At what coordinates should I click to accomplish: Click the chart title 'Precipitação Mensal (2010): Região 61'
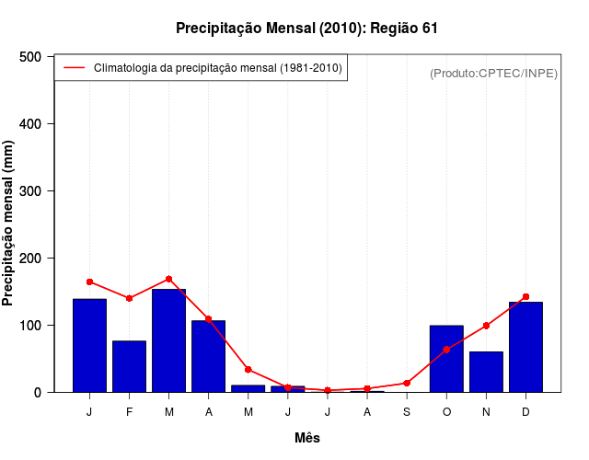pyautogui.click(x=306, y=29)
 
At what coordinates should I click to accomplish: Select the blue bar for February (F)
pyautogui.click(x=129, y=366)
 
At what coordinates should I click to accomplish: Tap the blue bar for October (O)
pyautogui.click(x=446, y=359)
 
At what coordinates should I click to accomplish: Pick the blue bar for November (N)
pyautogui.click(x=486, y=372)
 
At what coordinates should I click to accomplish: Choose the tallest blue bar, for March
pyautogui.click(x=168, y=340)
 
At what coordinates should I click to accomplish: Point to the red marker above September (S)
pyautogui.click(x=407, y=383)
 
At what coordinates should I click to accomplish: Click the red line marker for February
pyautogui.click(x=129, y=298)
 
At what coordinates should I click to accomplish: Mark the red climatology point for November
pyautogui.click(x=486, y=326)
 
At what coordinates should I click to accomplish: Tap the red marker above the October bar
pyautogui.click(x=446, y=350)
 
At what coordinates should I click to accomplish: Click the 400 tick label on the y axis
pyautogui.click(x=32, y=124)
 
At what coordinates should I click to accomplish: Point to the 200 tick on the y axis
pyautogui.click(x=32, y=259)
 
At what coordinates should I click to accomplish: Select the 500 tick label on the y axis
pyautogui.click(x=32, y=57)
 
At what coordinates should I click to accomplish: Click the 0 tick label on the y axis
pyautogui.click(x=38, y=393)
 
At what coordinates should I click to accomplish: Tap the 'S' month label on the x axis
pyautogui.click(x=407, y=412)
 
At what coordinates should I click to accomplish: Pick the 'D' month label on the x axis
pyautogui.click(x=525, y=412)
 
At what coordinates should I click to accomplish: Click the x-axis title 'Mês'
pyautogui.click(x=307, y=439)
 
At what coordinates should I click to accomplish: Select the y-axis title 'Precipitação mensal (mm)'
pyautogui.click(x=9, y=224)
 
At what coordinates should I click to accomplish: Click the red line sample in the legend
pyautogui.click(x=74, y=68)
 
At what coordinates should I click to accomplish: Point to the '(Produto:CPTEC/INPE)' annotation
pyautogui.click(x=493, y=73)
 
